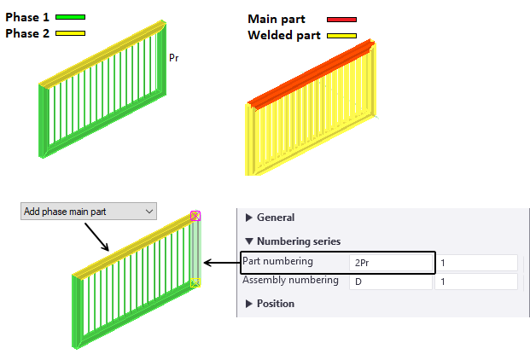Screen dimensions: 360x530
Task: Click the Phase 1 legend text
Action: click(29, 17)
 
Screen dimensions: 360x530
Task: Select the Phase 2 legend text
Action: click(29, 32)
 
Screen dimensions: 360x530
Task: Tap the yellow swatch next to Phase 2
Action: click(71, 33)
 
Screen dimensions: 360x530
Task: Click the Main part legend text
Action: click(280, 19)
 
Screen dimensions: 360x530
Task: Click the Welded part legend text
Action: click(284, 35)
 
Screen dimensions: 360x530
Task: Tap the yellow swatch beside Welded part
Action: click(341, 36)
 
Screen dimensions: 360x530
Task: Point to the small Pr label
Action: click(174, 58)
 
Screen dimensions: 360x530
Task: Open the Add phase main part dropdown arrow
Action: click(149, 211)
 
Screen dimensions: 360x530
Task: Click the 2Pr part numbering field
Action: click(390, 263)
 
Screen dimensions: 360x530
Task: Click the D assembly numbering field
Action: click(390, 282)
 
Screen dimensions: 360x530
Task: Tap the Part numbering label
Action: click(278, 261)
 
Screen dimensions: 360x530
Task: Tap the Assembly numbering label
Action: click(290, 280)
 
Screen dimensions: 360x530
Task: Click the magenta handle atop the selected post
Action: click(195, 217)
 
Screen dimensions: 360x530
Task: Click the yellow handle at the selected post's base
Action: click(195, 282)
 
